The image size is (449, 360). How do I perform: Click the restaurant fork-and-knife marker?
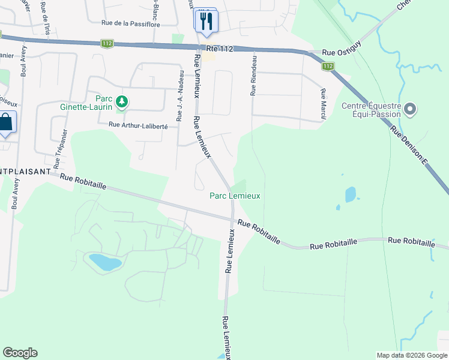pos(206,22)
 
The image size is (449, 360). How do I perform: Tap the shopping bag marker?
pos(5,123)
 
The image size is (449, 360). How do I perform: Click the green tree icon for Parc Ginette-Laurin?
pos(122,101)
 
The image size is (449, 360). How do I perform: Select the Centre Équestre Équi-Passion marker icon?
pos(411,109)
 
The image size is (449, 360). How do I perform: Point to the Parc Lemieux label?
pos(235,196)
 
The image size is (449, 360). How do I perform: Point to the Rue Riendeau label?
pos(254,74)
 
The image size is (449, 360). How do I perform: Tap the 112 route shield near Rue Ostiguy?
pos(327,67)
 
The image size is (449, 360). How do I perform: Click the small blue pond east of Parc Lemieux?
pos(351,194)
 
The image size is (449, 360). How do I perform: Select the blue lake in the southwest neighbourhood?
pos(105,262)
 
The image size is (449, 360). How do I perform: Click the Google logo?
pos(20,353)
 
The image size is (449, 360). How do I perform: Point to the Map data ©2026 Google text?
pos(411,355)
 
